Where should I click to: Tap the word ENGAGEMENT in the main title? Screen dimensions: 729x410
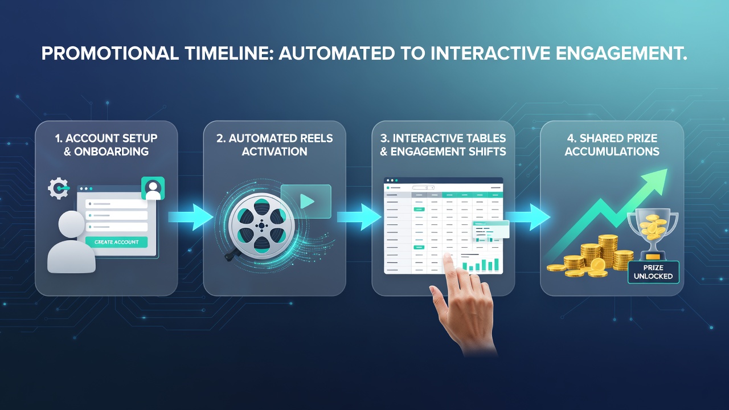pos(621,54)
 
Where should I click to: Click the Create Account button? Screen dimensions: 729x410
pos(116,242)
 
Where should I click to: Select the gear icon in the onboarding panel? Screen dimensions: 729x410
pos(59,188)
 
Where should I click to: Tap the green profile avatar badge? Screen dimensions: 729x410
pos(153,188)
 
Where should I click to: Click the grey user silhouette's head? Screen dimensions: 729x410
pos(72,224)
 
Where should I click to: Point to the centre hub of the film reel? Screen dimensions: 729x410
pos(261,225)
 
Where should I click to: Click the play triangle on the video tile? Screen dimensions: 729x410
pos(306,202)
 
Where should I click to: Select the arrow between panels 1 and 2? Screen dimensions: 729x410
pos(191,217)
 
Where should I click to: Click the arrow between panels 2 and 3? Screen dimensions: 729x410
pos(359,217)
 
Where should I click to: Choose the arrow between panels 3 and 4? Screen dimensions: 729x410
pos(527,217)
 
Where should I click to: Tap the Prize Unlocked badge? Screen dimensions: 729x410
pos(653,272)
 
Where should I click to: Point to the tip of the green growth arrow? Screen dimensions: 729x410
pos(667,169)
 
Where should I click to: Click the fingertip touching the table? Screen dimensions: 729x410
pos(448,257)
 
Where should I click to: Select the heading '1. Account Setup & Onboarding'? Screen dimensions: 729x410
pos(106,145)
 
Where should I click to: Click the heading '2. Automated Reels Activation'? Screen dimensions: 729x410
pos(275,145)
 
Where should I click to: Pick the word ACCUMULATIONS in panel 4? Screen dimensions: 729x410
pos(612,151)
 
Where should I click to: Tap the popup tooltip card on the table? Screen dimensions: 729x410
pos(491,229)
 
